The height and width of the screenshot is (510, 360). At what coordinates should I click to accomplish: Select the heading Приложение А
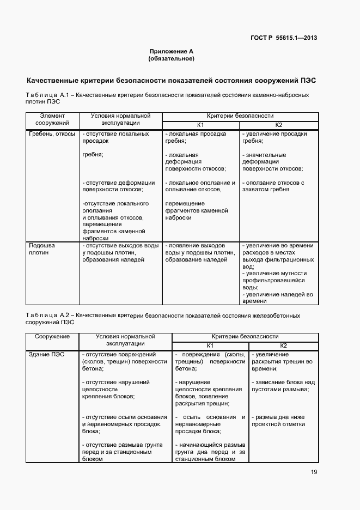171,51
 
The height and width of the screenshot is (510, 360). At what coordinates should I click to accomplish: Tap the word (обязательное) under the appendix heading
171,58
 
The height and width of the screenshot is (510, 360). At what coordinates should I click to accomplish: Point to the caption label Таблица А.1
46,95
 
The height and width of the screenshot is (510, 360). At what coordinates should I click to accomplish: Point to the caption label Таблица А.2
46,315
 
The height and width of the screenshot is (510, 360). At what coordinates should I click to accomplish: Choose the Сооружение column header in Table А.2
52,337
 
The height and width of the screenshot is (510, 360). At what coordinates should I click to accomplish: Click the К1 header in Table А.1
200,125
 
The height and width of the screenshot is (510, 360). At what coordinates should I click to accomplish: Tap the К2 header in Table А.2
283,346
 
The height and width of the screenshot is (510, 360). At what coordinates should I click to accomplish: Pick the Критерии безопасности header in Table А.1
240,116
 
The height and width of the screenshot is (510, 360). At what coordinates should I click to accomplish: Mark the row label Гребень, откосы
52,133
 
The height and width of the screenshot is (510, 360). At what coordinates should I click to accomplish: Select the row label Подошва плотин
42,249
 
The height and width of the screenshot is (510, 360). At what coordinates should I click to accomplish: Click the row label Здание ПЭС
46,355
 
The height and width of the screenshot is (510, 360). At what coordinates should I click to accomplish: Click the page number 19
314,472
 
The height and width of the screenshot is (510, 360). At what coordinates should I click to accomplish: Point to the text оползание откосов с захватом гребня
275,186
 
